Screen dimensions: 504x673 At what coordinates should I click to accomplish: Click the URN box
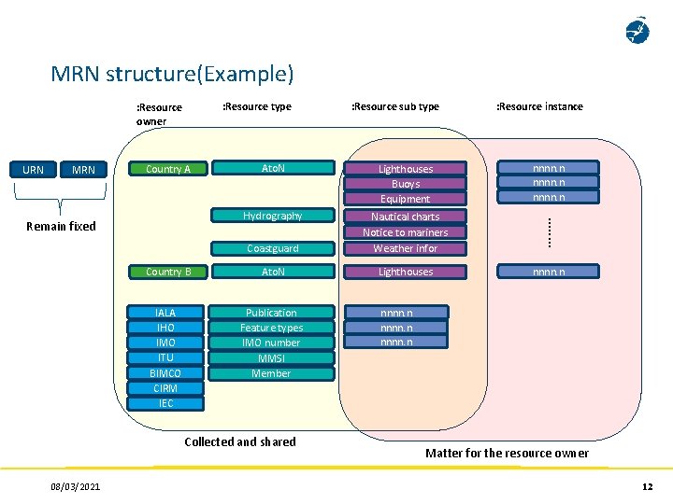click(x=33, y=170)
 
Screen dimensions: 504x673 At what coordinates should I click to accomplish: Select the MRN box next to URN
click(x=83, y=170)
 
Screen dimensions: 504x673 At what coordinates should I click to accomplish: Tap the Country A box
click(x=168, y=169)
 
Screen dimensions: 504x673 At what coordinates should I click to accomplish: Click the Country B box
click(x=168, y=272)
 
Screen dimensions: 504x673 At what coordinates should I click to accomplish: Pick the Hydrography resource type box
click(x=272, y=216)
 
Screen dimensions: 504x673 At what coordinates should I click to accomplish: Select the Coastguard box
click(x=272, y=248)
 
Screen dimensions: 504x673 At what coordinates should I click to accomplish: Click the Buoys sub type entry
click(x=405, y=184)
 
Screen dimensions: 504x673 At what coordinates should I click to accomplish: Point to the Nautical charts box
click(x=405, y=217)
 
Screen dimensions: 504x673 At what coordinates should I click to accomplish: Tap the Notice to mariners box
click(x=405, y=232)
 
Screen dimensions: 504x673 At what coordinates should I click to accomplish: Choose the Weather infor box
click(x=405, y=248)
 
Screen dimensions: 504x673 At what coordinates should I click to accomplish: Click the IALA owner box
click(x=165, y=313)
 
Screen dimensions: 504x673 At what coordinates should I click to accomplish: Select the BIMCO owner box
click(x=165, y=373)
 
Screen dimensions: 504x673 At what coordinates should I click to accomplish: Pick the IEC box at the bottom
click(x=165, y=403)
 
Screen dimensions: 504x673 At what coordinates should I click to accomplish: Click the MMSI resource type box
click(x=271, y=358)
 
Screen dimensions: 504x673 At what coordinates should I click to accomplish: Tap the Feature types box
click(x=271, y=328)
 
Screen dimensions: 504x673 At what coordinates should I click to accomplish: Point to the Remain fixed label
click(x=61, y=226)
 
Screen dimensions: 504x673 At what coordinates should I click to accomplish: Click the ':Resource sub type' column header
click(x=394, y=106)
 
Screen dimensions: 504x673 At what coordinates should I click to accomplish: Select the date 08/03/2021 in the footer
click(x=77, y=486)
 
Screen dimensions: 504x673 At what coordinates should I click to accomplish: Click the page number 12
click(x=647, y=486)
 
